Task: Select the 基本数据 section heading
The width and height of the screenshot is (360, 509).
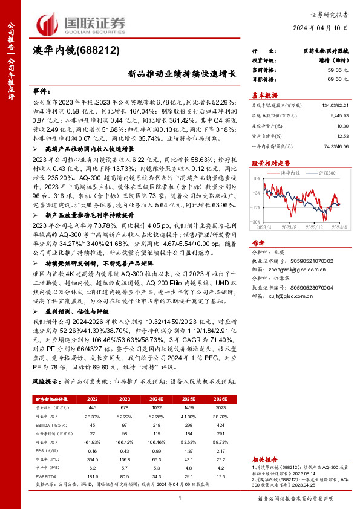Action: (x=264, y=96)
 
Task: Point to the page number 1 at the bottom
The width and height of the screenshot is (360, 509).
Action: (x=180, y=498)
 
